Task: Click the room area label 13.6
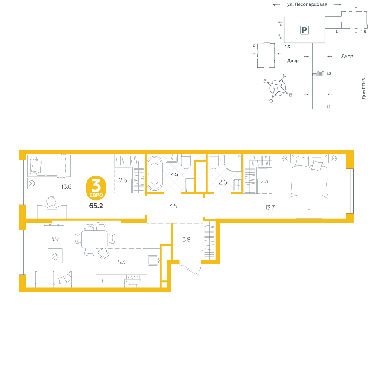click(x=67, y=187)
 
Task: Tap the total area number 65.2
click(x=96, y=206)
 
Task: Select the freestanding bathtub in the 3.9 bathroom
click(x=155, y=174)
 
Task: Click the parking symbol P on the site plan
click(x=304, y=30)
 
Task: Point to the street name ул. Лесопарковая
click(x=307, y=4)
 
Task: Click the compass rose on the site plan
click(x=278, y=88)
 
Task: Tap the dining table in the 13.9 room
click(x=94, y=239)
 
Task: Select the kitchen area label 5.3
click(x=122, y=262)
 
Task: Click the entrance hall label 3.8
click(x=186, y=239)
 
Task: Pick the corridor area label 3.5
click(x=173, y=206)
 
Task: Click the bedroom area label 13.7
click(x=270, y=208)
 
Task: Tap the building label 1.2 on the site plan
click(x=328, y=74)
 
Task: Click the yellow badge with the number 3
click(x=96, y=188)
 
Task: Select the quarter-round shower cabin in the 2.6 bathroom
click(x=233, y=163)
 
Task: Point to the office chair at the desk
click(x=51, y=201)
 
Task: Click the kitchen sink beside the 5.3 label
click(x=153, y=260)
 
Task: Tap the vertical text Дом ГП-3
click(x=364, y=89)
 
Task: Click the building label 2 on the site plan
click(x=254, y=45)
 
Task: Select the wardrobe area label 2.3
click(x=264, y=181)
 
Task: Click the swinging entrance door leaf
click(x=189, y=269)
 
